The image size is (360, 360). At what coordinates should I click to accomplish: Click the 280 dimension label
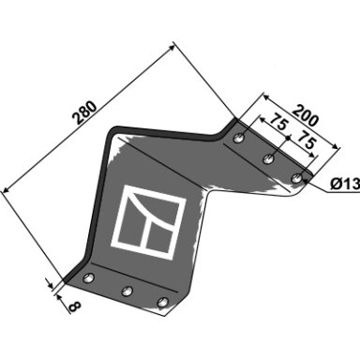84,112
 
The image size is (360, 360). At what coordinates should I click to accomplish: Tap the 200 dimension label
306,116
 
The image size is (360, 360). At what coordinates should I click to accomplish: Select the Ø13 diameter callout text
345,184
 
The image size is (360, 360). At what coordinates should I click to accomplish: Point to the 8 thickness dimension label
75,307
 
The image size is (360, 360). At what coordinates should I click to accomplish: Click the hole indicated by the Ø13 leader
296,178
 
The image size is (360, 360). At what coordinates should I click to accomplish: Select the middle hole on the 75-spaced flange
268,158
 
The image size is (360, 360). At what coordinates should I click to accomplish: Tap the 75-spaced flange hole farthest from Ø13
240,137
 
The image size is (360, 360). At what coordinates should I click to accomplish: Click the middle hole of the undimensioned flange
127,291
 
